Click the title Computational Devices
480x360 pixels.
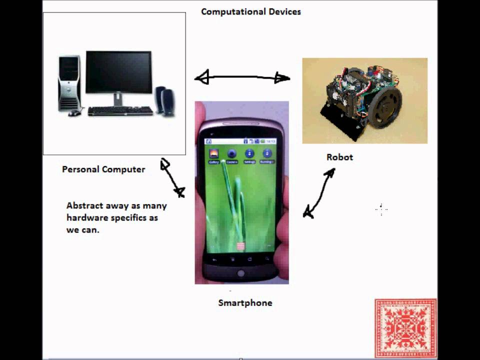[250, 11]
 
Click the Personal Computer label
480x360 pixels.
[103, 169]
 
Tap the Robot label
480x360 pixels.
[339, 157]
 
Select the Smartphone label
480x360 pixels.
[245, 302]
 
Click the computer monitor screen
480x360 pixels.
[118, 72]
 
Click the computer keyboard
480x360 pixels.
[120, 111]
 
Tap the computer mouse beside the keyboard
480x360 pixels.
[74, 113]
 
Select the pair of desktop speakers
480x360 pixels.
[164, 101]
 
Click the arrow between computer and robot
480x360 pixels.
[242, 77]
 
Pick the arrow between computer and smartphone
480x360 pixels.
[172, 178]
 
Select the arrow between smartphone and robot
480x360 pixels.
[319, 193]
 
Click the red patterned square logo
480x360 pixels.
[405, 328]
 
